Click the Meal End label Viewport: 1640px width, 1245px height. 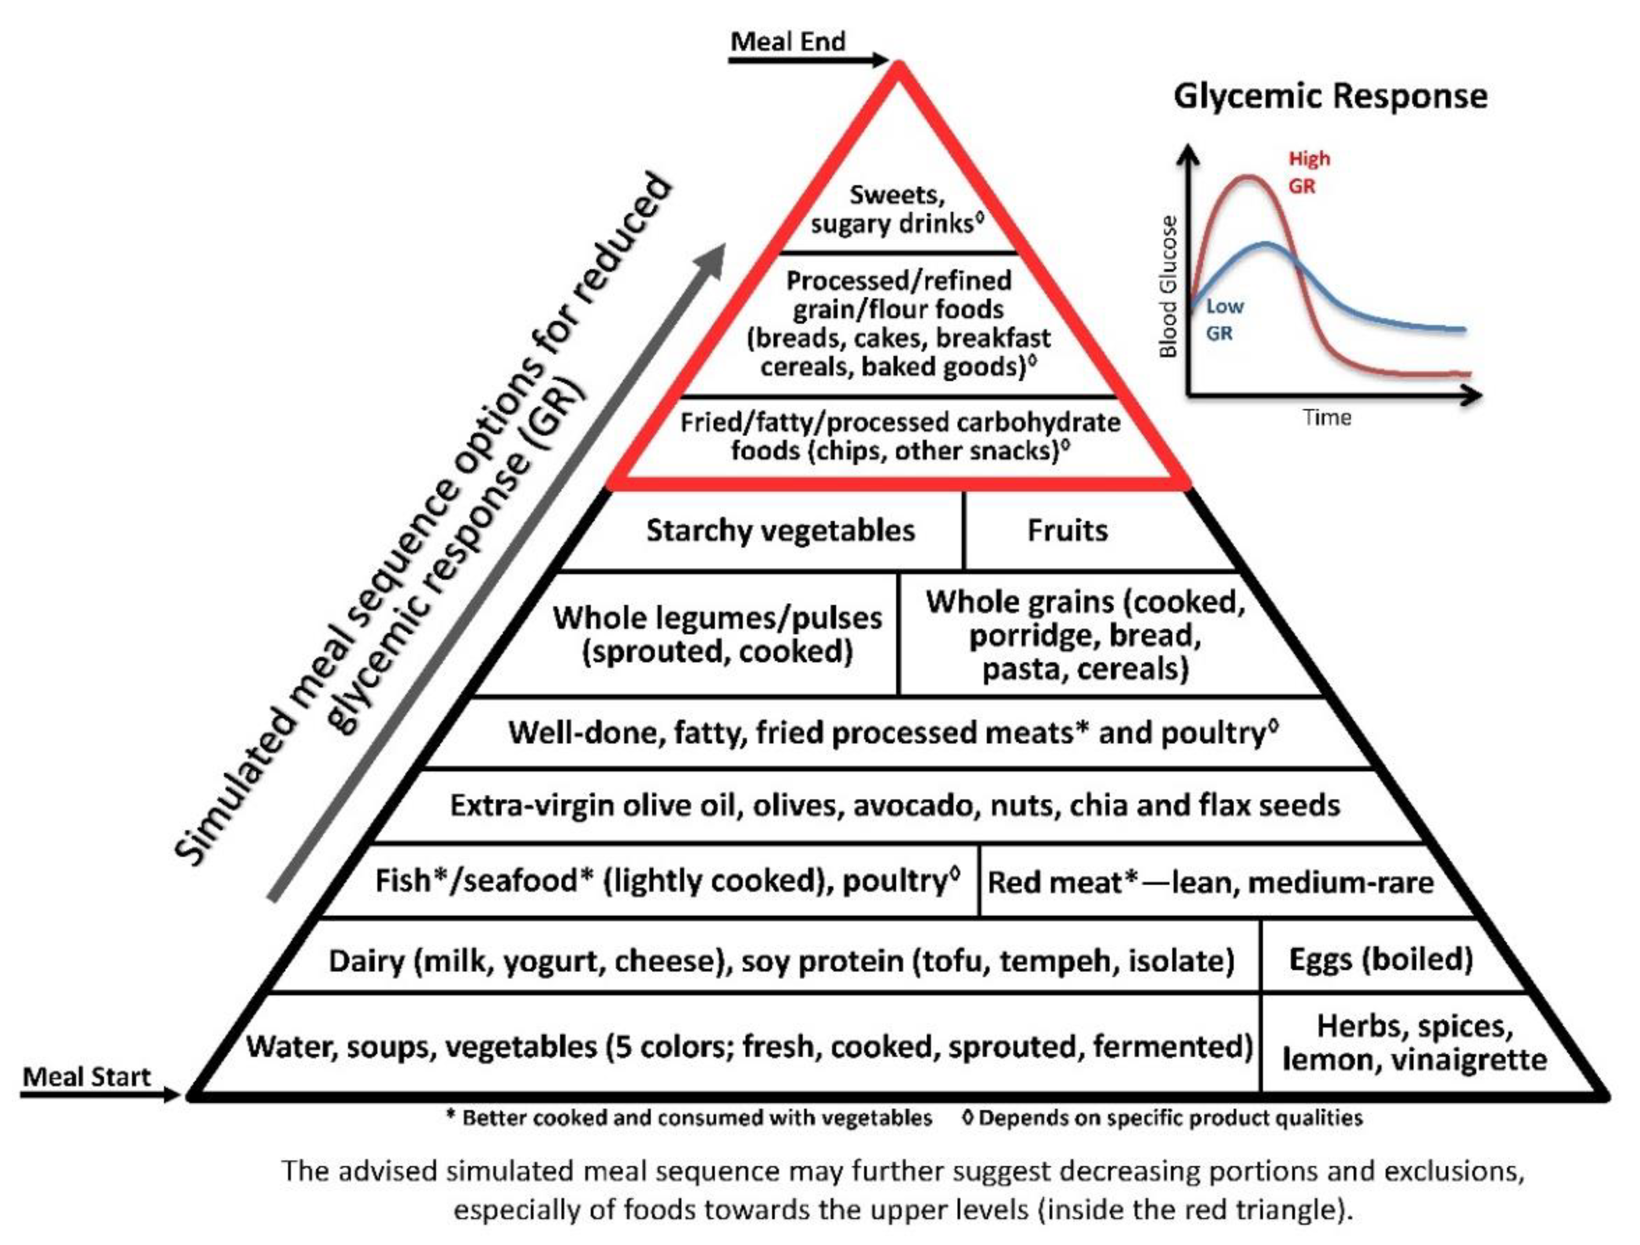click(787, 41)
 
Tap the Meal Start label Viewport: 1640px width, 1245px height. click(87, 1076)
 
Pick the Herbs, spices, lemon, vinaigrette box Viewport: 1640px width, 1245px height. click(1414, 1043)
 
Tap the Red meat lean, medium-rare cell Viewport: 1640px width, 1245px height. click(1210, 882)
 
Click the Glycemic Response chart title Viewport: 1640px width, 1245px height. click(1330, 96)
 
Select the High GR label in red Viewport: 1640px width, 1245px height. click(1309, 172)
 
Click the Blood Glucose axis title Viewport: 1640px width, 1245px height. click(1169, 286)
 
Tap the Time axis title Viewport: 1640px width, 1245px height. click(1326, 418)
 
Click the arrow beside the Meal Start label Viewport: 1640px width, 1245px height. click(100, 1094)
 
